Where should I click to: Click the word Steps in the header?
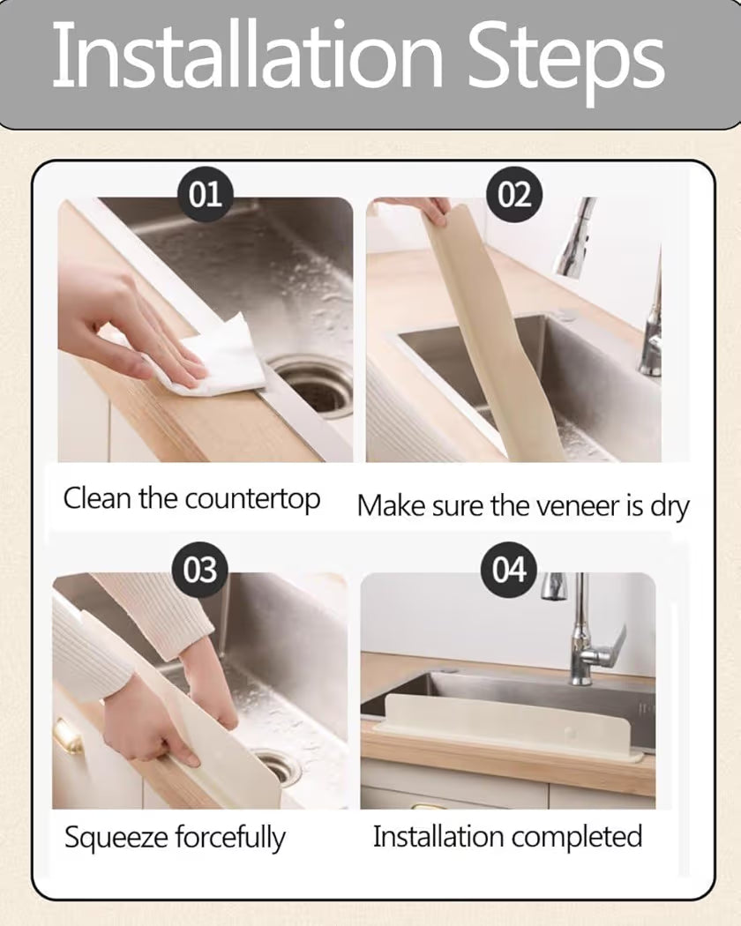(565, 56)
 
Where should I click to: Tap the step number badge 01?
(205, 192)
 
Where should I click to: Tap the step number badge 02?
(514, 192)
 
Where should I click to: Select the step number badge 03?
(199, 570)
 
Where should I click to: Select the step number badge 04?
(508, 570)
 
